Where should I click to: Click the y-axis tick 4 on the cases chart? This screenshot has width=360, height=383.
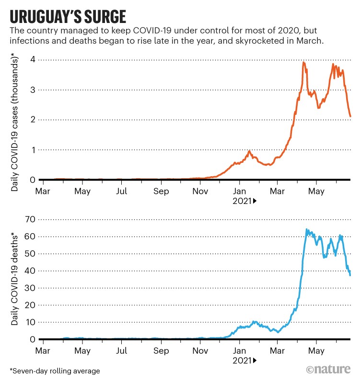33,60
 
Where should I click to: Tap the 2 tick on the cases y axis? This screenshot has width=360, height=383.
33,120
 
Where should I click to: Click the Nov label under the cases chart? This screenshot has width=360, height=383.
200,191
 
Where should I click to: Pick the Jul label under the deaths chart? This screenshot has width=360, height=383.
122,350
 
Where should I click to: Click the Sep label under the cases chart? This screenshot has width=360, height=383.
162,191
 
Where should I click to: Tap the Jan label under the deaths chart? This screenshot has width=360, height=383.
240,350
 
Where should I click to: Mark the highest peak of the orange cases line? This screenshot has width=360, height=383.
303,62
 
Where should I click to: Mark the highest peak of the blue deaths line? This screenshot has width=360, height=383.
307,229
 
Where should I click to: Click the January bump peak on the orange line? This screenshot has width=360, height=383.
250,151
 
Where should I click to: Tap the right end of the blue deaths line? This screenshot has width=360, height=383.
350,275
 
